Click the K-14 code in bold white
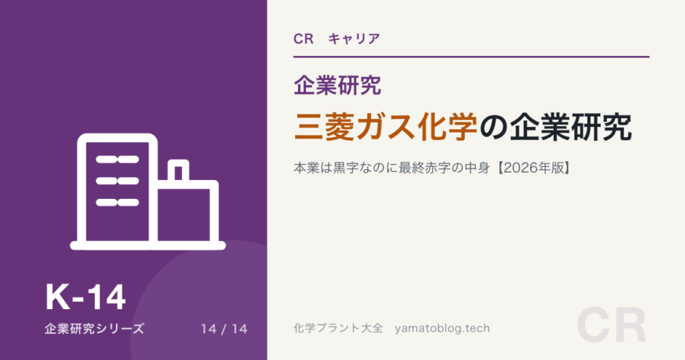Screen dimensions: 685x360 (86, 297)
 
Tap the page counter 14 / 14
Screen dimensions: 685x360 (224, 329)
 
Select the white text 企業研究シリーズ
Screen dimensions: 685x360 (94, 329)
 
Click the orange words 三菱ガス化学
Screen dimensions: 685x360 (385, 127)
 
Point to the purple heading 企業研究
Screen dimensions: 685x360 (337, 85)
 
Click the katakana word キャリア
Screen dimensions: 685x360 (354, 39)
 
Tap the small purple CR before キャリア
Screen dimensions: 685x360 (304, 39)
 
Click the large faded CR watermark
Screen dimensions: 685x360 (611, 326)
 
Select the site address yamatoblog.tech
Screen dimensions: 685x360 (442, 329)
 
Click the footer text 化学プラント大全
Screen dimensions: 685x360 (338, 328)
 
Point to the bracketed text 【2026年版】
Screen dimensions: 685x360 (534, 168)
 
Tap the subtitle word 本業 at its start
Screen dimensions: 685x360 (307, 168)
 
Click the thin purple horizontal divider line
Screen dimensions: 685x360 (471, 57)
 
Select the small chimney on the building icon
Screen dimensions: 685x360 (179, 170)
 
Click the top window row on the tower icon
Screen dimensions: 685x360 (117, 160)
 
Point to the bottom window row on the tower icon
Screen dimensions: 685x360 (117, 203)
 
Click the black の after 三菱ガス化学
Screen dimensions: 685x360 (493, 128)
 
